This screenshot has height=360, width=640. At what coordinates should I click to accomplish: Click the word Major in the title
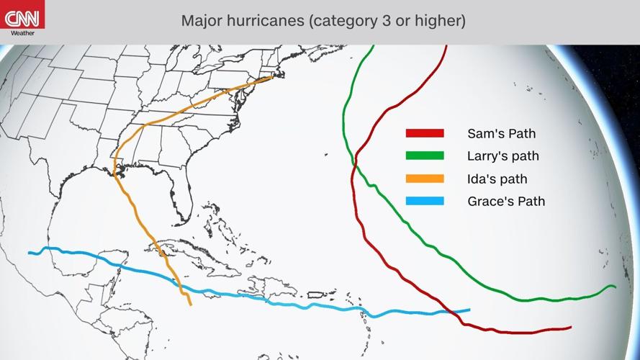201,20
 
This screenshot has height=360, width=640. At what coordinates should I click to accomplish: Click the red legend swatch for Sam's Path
425,133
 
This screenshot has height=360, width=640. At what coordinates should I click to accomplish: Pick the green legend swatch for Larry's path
425,156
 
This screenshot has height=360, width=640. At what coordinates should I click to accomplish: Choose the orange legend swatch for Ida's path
425,179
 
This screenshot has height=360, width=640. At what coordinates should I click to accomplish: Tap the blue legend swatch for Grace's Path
425,201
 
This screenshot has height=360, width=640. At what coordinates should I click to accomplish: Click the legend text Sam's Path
501,133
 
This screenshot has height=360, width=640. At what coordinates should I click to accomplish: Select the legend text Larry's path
502,156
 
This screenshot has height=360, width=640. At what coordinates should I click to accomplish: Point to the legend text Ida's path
497,179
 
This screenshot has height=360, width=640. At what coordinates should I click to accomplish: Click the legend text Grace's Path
506,201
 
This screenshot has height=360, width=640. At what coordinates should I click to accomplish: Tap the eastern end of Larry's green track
616,287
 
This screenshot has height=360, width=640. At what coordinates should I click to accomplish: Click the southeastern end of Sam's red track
571,327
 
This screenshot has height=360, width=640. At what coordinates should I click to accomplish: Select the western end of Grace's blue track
30,253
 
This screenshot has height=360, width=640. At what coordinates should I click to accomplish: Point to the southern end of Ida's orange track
191,305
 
